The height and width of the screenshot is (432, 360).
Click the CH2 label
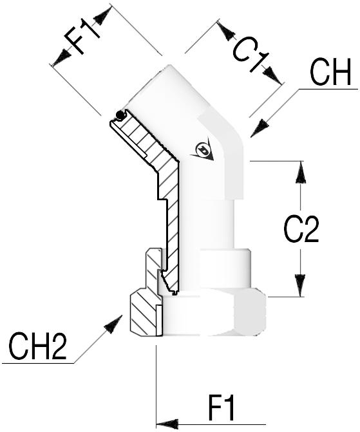[37, 346]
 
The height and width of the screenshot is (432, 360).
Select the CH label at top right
[330, 72]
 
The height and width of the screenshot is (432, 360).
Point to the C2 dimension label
[301, 229]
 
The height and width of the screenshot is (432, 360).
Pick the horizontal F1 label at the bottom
[222, 408]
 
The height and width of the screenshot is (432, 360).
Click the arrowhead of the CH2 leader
[113, 324]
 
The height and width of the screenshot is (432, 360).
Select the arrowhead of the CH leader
[260, 128]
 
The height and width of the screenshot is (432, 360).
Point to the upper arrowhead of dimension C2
[301, 172]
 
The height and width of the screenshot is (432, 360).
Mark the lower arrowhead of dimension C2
[301, 286]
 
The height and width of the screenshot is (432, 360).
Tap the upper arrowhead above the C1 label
[226, 31]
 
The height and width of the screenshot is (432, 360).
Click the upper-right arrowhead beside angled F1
[103, 16]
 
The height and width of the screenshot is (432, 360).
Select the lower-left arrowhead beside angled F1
[61, 57]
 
